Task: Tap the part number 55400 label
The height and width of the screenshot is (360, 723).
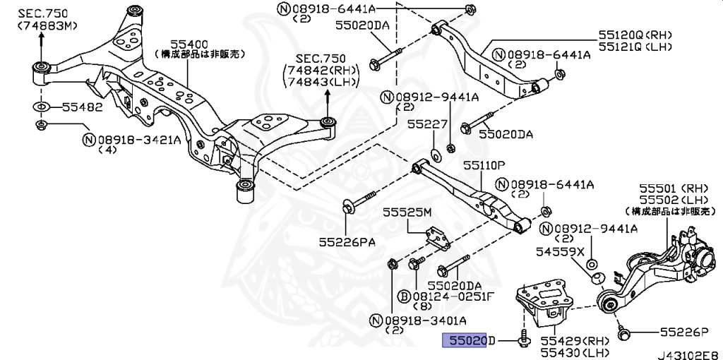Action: pos(187,44)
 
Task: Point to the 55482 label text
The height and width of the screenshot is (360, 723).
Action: pos(82,108)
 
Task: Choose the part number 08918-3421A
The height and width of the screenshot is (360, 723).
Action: pos(139,139)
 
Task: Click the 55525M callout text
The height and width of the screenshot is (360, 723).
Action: pos(407,212)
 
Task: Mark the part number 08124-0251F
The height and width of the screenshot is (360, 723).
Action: pos(453,297)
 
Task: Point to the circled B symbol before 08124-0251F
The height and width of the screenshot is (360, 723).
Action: pos(405,297)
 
